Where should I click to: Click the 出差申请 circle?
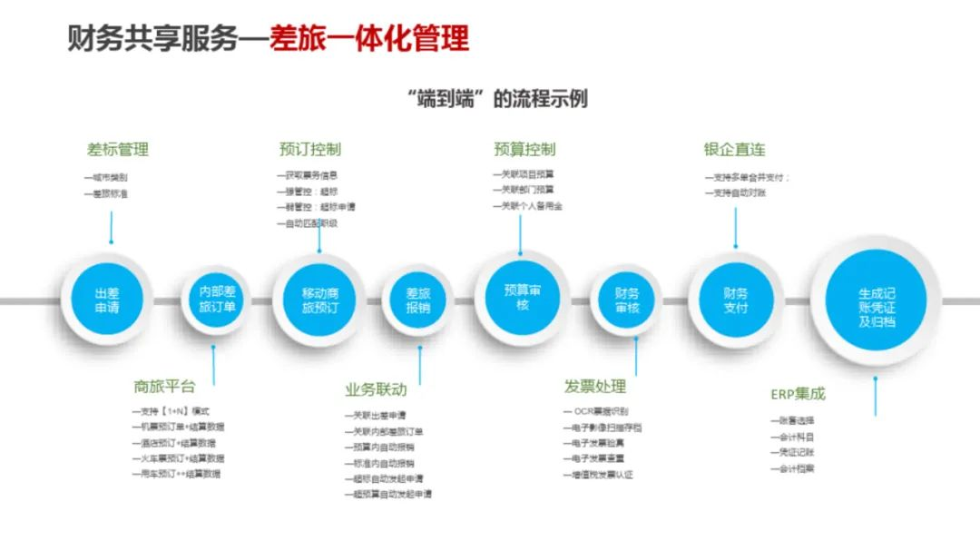(107, 300)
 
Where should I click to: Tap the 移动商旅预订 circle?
(320, 300)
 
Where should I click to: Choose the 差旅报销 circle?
(418, 300)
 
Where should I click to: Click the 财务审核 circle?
(627, 300)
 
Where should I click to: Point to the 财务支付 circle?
(735, 300)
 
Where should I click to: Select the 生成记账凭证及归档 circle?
(877, 300)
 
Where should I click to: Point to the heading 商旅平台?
(164, 387)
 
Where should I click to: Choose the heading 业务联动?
(376, 390)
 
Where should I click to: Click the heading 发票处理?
(595, 387)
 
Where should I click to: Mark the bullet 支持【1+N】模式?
(172, 411)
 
